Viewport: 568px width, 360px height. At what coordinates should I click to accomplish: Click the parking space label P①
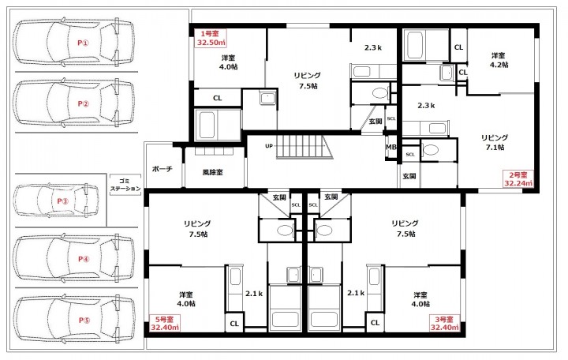tap(83, 43)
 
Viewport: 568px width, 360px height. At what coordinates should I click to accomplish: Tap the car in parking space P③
tap(57, 201)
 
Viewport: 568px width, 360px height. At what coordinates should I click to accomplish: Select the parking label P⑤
tap(84, 320)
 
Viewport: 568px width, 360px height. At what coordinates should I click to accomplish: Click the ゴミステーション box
tap(125, 185)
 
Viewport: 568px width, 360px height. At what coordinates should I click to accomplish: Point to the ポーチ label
tap(163, 169)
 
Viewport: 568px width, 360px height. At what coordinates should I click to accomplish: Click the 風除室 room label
tap(213, 172)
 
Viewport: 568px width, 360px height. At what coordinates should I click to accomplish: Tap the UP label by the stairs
tap(269, 146)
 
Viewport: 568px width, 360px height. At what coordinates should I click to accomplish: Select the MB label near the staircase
tap(390, 147)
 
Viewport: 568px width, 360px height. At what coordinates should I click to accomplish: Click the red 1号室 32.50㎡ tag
tap(211, 38)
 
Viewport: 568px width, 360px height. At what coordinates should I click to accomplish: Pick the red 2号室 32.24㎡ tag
tap(518, 179)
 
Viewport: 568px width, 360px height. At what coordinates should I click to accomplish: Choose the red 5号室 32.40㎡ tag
tap(165, 324)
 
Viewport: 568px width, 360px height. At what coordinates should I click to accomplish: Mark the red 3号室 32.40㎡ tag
tap(444, 324)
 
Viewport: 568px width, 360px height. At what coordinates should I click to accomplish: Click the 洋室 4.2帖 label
tap(499, 60)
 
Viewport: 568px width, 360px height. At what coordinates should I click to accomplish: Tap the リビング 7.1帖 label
tap(495, 142)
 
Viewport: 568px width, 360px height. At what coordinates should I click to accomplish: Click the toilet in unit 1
tap(380, 93)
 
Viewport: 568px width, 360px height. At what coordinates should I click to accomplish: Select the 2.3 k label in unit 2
tap(426, 106)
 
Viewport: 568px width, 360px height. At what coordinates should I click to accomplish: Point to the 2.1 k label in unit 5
tap(254, 294)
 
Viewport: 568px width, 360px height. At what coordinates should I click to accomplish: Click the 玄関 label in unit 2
tap(409, 176)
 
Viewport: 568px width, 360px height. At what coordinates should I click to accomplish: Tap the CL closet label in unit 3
tap(375, 323)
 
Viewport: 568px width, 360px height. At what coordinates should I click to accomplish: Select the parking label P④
tap(84, 259)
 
